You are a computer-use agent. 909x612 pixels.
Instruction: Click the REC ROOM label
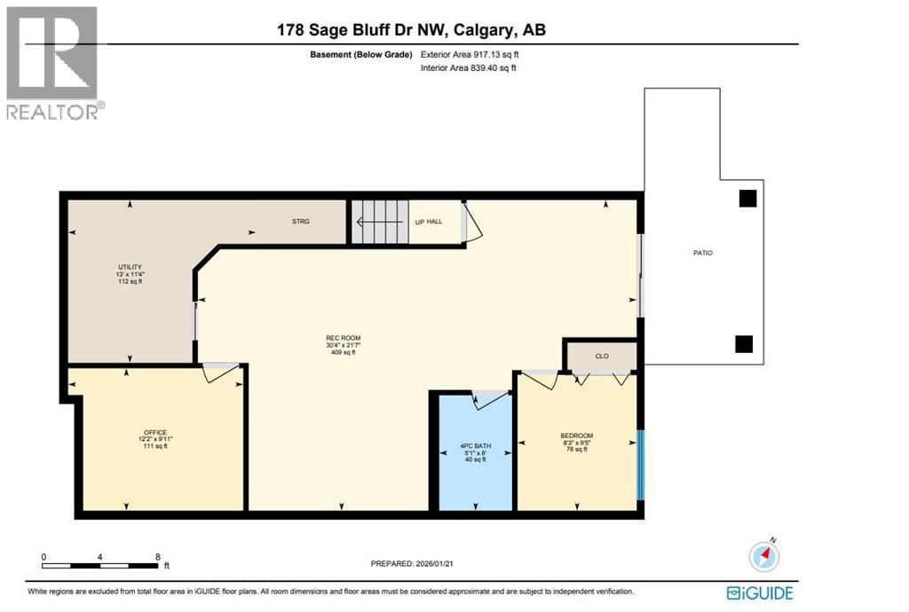click(343, 338)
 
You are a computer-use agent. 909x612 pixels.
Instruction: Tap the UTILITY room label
click(130, 267)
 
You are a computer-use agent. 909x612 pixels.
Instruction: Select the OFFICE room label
click(155, 433)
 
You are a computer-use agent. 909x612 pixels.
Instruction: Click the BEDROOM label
click(576, 435)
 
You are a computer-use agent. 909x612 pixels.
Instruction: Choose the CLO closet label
click(601, 356)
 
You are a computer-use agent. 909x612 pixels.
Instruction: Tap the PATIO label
click(703, 254)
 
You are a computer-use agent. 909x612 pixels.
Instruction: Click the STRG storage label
click(301, 221)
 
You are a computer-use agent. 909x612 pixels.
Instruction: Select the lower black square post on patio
click(744, 344)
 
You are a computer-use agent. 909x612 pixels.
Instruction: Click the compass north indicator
click(764, 556)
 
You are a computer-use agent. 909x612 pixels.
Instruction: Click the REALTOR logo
click(53, 62)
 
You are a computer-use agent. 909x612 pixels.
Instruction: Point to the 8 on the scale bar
click(158, 557)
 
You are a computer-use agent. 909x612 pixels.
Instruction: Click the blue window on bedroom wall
click(641, 465)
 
